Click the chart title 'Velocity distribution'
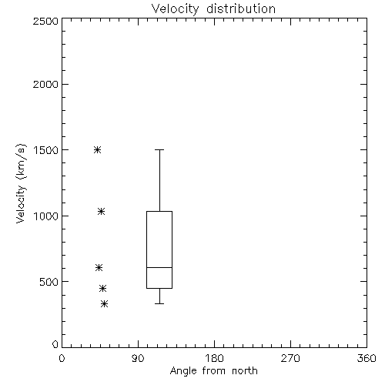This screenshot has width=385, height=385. (213, 8)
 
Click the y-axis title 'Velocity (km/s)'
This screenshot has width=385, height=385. (21, 183)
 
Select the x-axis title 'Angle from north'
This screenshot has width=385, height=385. (213, 370)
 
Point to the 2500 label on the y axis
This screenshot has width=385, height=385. (45, 21)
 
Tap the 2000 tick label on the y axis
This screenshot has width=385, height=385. (45, 84)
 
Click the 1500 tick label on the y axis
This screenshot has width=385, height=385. (46, 150)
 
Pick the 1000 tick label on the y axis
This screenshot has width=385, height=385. (46, 216)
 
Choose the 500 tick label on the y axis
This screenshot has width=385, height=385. (49, 282)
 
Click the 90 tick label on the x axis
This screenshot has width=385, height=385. (138, 358)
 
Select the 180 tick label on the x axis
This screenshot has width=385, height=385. (214, 358)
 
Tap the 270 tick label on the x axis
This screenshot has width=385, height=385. (290, 358)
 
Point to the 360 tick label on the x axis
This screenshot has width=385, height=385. (367, 358)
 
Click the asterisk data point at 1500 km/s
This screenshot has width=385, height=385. (97, 149)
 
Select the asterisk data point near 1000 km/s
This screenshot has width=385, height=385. (101, 212)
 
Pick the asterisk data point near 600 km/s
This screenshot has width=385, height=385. (99, 268)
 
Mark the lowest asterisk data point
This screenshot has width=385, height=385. (104, 304)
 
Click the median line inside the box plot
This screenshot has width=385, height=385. (159, 267)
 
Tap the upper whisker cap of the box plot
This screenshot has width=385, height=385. (159, 149)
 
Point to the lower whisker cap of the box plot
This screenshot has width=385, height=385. (159, 303)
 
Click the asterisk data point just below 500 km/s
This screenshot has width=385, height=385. (102, 289)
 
